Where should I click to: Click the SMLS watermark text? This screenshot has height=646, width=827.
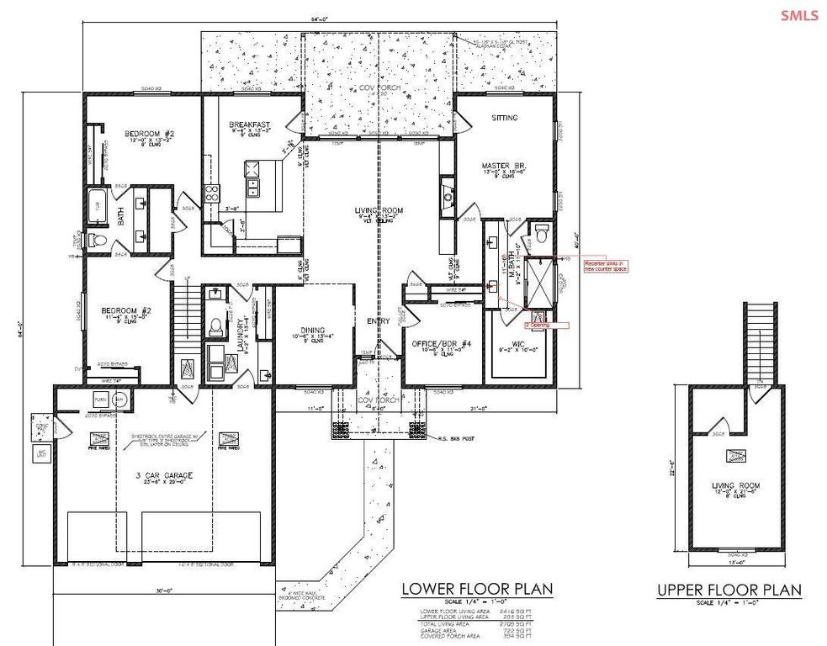(x=798, y=15)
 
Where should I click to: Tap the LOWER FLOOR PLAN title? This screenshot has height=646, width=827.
(x=477, y=589)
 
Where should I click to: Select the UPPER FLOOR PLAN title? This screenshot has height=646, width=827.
(x=729, y=591)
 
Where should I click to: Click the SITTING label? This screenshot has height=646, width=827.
(x=505, y=118)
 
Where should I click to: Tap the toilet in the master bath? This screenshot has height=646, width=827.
(x=541, y=229)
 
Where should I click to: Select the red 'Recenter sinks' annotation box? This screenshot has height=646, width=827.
(x=607, y=266)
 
